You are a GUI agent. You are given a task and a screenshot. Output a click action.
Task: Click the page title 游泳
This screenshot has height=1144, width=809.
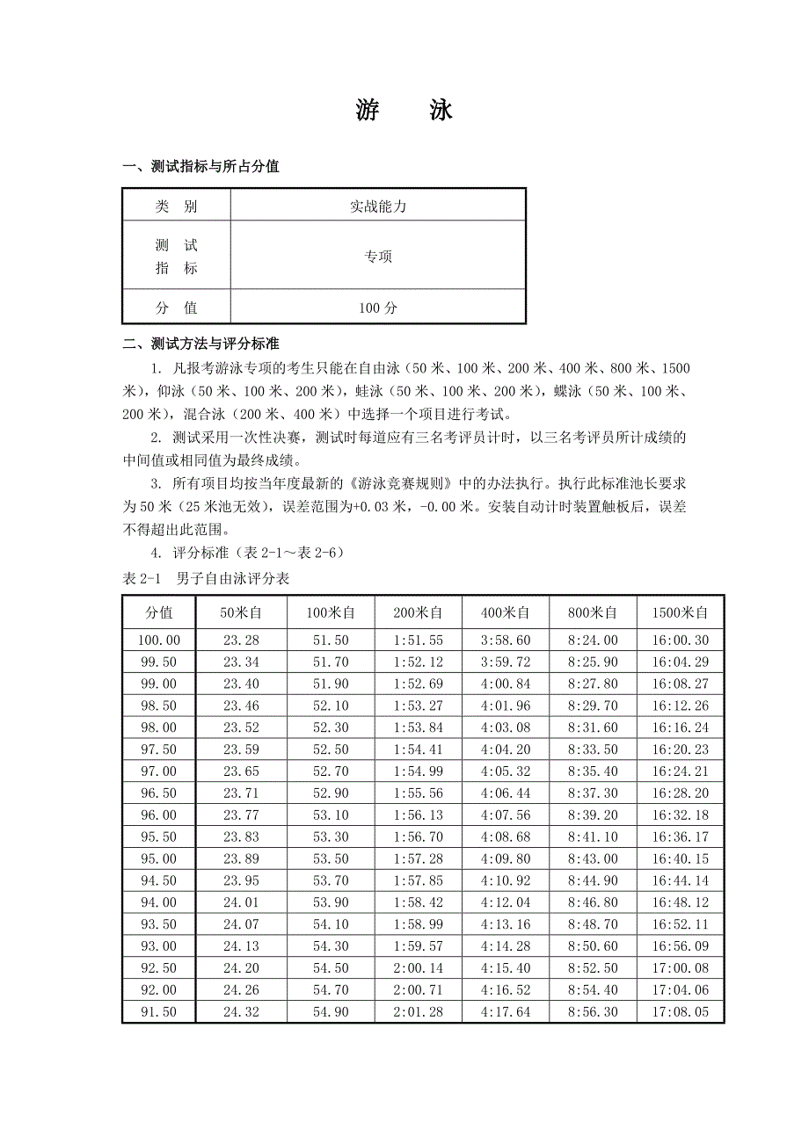point(404,110)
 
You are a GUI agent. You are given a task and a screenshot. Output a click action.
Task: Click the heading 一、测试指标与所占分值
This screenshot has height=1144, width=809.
point(201,166)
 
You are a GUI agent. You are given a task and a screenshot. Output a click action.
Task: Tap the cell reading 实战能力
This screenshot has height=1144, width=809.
point(378,206)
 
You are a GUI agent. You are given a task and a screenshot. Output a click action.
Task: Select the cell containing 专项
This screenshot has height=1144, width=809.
point(378,257)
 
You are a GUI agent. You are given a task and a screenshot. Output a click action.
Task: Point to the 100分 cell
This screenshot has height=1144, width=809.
point(378,308)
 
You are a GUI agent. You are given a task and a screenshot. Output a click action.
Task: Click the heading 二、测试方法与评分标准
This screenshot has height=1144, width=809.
point(201,344)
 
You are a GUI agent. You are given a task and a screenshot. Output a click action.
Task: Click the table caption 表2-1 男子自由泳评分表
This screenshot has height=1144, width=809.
point(208,578)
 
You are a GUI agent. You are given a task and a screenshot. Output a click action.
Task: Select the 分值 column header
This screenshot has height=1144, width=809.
point(159,612)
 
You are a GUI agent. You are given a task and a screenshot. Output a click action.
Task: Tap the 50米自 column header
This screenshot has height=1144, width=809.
point(241,612)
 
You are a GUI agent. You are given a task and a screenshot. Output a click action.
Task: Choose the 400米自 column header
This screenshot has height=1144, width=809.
point(506,612)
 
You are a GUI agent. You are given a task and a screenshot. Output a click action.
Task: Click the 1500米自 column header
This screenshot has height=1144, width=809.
point(681,612)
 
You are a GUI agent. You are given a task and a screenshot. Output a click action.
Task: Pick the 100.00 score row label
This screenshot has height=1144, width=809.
point(159,641)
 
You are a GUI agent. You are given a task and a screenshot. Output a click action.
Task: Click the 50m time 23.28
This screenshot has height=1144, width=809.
point(241,641)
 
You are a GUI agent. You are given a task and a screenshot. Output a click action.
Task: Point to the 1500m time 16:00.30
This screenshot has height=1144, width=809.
point(681,641)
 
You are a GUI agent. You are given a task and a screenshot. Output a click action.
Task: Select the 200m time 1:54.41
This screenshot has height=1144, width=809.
point(418,749)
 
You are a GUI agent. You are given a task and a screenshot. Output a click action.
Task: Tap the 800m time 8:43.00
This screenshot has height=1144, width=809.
point(593,858)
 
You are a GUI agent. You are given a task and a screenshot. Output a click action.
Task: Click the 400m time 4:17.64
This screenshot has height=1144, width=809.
point(506,1012)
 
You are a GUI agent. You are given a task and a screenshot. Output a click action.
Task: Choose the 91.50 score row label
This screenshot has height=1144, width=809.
point(159,1012)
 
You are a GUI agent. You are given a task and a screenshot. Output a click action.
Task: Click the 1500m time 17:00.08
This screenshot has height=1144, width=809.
point(681,968)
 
